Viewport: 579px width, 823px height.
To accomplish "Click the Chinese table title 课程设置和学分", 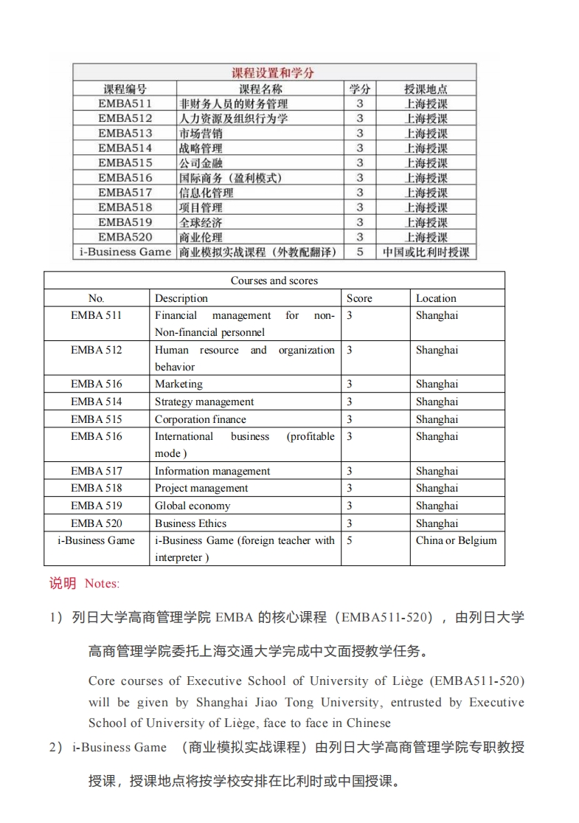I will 274,72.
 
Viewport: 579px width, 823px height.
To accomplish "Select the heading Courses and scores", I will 274,280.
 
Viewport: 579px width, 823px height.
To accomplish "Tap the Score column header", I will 359,298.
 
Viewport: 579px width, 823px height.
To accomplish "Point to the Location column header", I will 436,298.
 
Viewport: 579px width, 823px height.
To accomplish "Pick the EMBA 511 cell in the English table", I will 97,315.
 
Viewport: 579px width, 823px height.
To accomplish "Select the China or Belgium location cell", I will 456,540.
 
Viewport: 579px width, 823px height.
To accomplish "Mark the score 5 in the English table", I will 350,540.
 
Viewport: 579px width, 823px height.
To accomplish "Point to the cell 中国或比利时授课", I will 426,252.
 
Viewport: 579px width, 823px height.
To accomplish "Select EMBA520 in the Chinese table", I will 125,237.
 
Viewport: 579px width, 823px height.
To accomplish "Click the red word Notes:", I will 102,583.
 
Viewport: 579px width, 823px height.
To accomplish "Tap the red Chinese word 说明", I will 63,583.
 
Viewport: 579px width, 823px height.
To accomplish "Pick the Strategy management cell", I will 204,402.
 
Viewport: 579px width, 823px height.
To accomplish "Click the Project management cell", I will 201,488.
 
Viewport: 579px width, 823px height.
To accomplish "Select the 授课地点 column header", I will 426,89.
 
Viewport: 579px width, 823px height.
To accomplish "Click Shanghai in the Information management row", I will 437,471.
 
